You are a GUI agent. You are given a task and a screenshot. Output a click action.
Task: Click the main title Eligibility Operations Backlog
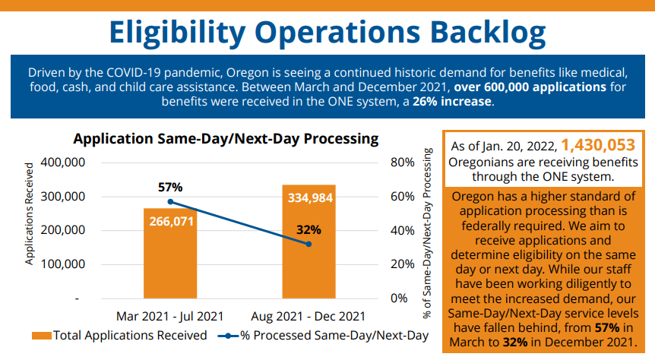click(327, 32)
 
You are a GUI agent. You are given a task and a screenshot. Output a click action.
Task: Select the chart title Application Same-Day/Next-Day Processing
click(226, 139)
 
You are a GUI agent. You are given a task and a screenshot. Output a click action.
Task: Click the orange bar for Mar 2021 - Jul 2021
click(170, 258)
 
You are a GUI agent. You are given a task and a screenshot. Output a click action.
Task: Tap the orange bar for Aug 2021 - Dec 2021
click(309, 258)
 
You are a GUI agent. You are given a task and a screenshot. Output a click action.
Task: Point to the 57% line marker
click(170, 202)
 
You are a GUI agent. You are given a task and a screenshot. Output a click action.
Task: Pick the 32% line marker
click(309, 244)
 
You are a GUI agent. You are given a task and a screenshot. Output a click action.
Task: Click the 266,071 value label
click(170, 222)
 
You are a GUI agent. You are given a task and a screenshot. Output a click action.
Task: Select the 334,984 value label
click(309, 198)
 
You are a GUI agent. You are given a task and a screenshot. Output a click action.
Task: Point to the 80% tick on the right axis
click(401, 163)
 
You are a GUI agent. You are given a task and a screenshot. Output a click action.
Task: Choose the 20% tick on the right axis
click(401, 264)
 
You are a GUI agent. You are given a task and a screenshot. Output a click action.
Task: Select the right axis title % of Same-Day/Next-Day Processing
click(428, 232)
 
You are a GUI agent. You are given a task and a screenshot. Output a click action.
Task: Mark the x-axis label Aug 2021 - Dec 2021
click(309, 315)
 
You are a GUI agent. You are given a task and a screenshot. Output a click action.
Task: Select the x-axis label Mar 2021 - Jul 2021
click(170, 315)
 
